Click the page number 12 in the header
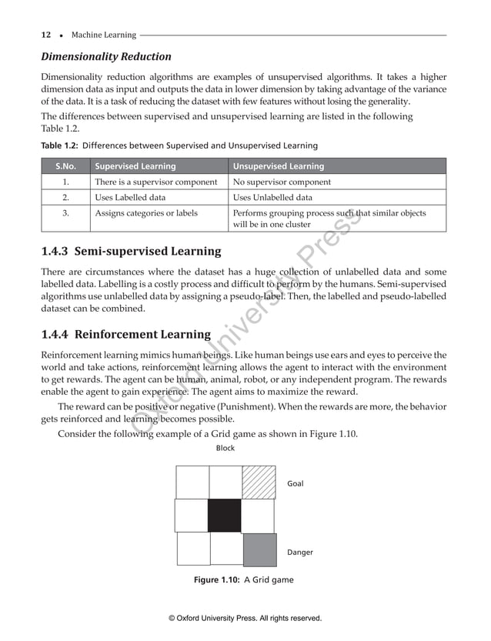[x=45, y=35]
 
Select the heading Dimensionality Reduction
[x=105, y=57]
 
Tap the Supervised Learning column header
[x=135, y=166]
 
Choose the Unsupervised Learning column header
[x=278, y=166]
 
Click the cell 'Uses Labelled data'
[x=130, y=198]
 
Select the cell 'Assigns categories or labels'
[x=145, y=213]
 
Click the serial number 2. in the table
[x=65, y=198]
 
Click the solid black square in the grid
[x=225, y=516]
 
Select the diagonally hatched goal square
[x=258, y=482]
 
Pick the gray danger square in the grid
[x=259, y=549]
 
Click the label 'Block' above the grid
[x=225, y=448]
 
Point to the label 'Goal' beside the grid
[x=295, y=484]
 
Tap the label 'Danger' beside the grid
[x=299, y=553]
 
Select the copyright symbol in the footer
[x=172, y=618]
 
